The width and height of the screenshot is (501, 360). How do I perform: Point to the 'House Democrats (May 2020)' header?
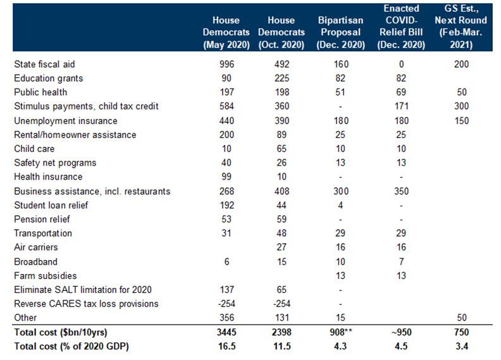click(x=226, y=32)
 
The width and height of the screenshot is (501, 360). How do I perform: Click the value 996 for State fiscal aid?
click(x=226, y=65)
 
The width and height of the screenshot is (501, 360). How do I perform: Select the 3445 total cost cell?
click(x=226, y=332)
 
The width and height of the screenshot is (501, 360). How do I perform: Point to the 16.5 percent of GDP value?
click(x=226, y=346)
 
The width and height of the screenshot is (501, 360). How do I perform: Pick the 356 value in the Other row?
click(x=226, y=318)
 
